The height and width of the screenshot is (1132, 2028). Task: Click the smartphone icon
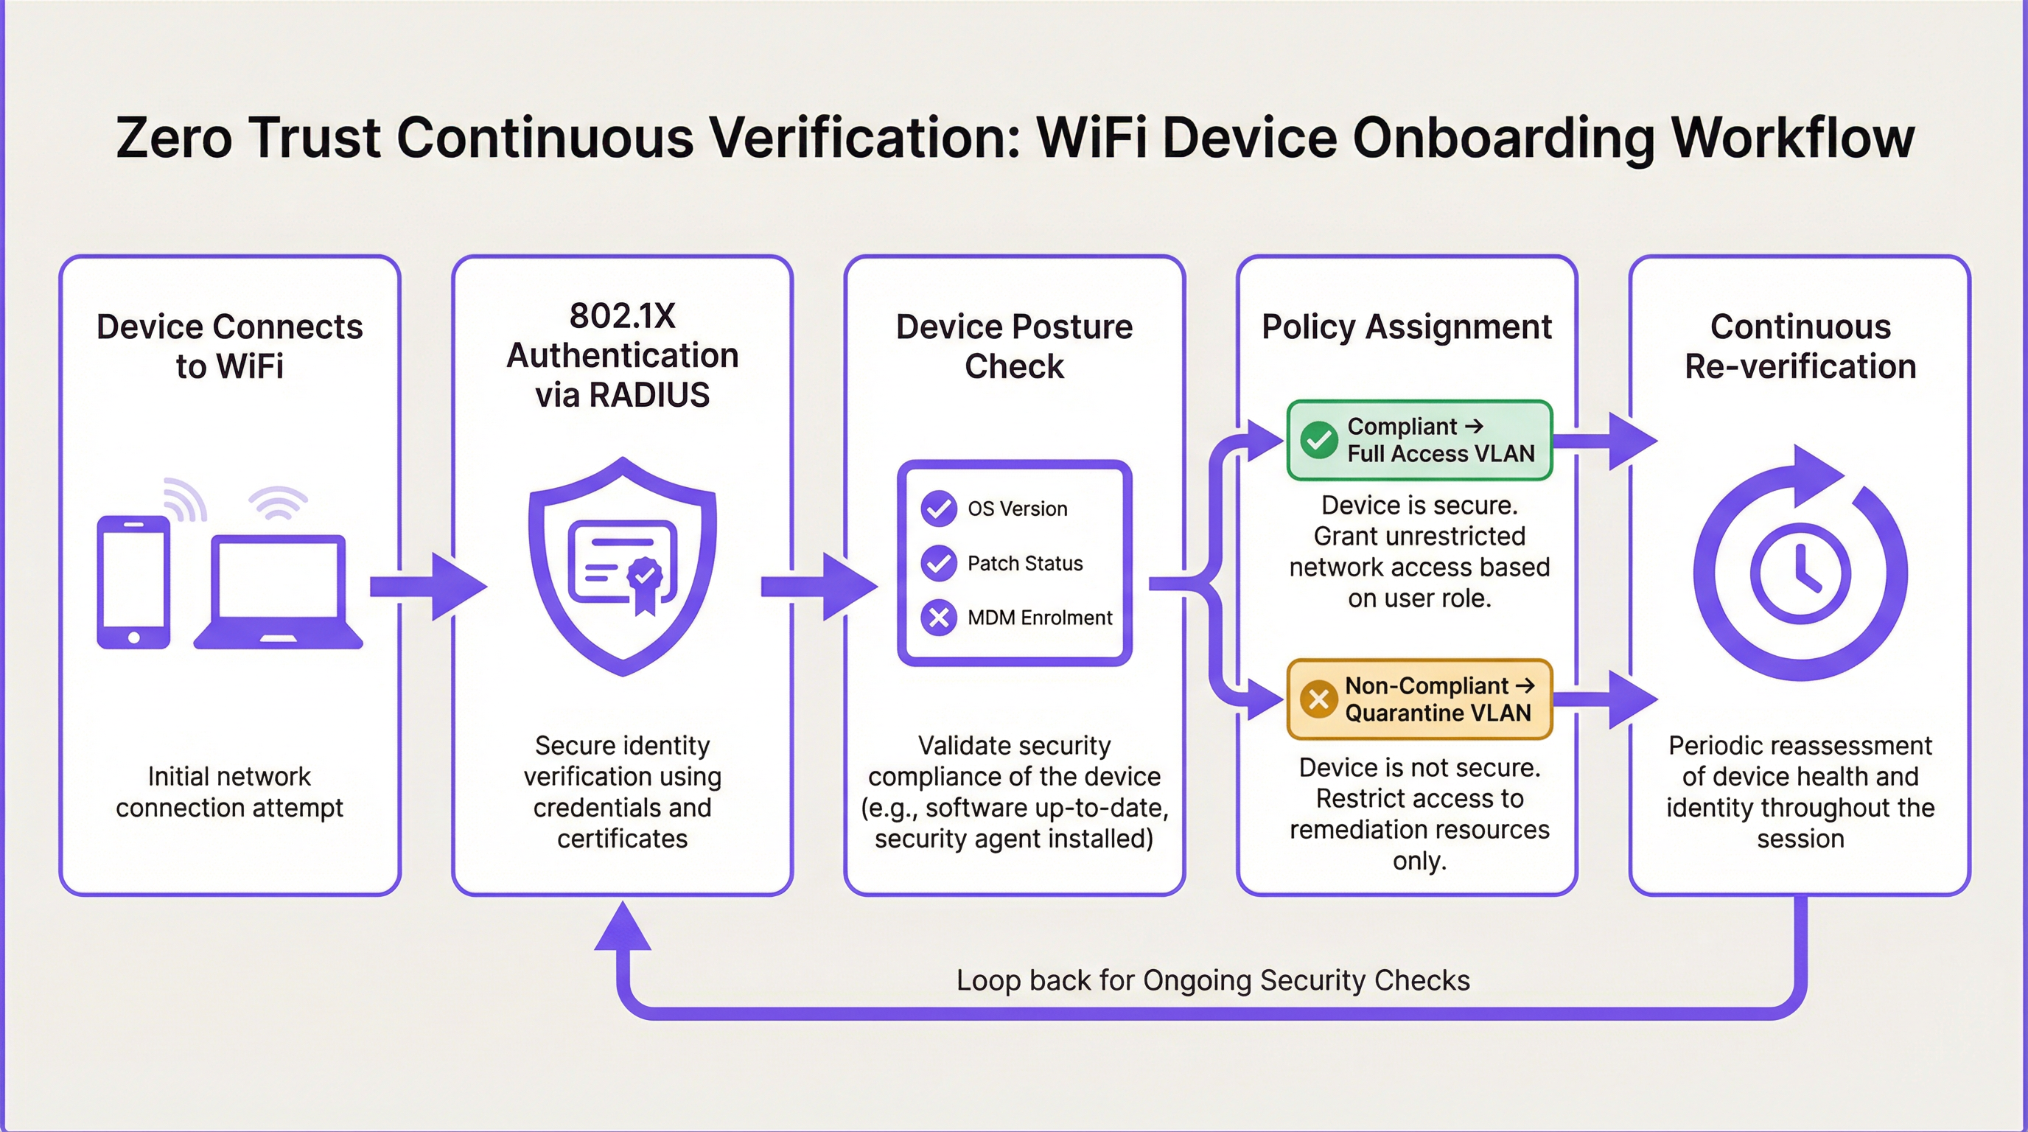133,581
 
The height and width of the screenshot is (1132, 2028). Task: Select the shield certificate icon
623,567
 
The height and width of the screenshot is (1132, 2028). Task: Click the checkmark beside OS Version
938,509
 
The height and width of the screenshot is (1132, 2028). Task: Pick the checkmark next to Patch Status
938,563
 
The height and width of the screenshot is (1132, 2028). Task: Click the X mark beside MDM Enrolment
938,617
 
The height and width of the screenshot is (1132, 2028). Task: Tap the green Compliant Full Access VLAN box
1419,440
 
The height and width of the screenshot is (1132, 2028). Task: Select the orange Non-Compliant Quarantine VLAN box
1419,699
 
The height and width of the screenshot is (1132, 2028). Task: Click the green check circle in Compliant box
1318,440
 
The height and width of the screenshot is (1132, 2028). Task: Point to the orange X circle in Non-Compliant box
1318,699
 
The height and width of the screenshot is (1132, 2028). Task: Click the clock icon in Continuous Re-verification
1800,573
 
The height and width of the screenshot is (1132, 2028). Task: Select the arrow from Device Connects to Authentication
427,587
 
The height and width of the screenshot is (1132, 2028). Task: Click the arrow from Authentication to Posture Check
819,587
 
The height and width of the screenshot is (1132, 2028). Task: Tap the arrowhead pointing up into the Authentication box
623,927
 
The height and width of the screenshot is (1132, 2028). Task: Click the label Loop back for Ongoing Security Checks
1212,981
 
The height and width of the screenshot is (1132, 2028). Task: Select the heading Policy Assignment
1407,326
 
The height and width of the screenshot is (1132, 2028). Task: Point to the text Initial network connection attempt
229,792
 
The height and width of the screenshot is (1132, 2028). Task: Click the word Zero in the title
174,139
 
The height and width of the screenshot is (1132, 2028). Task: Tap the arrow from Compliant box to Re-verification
1606,440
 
